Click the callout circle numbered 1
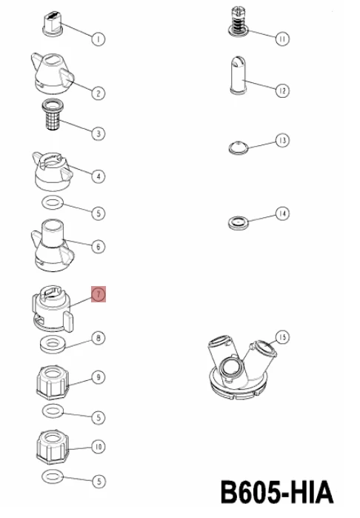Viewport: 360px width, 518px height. pyautogui.click(x=98, y=39)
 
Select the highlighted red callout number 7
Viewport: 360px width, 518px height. pyautogui.click(x=99, y=294)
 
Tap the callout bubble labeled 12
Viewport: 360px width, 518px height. pyautogui.click(x=282, y=90)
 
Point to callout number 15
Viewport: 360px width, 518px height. pyautogui.click(x=282, y=337)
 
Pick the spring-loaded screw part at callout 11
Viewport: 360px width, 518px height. pyautogui.click(x=239, y=21)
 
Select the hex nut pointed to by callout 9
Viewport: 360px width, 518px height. pyautogui.click(x=53, y=382)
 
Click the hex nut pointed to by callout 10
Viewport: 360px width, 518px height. pyautogui.click(x=53, y=447)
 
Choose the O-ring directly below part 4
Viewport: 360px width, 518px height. pyautogui.click(x=53, y=202)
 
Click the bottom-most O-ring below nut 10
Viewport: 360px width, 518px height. pyautogui.click(x=53, y=477)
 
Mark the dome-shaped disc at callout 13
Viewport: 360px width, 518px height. pyautogui.click(x=239, y=147)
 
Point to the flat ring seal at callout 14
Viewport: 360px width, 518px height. pyautogui.click(x=238, y=222)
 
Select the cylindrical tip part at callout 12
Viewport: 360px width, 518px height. pyautogui.click(x=238, y=76)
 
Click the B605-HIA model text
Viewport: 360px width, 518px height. pyautogui.click(x=277, y=492)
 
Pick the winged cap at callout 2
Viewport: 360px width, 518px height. pyautogui.click(x=53, y=73)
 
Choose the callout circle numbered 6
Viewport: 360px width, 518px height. pyautogui.click(x=99, y=247)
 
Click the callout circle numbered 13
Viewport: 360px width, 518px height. pyautogui.click(x=282, y=140)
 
